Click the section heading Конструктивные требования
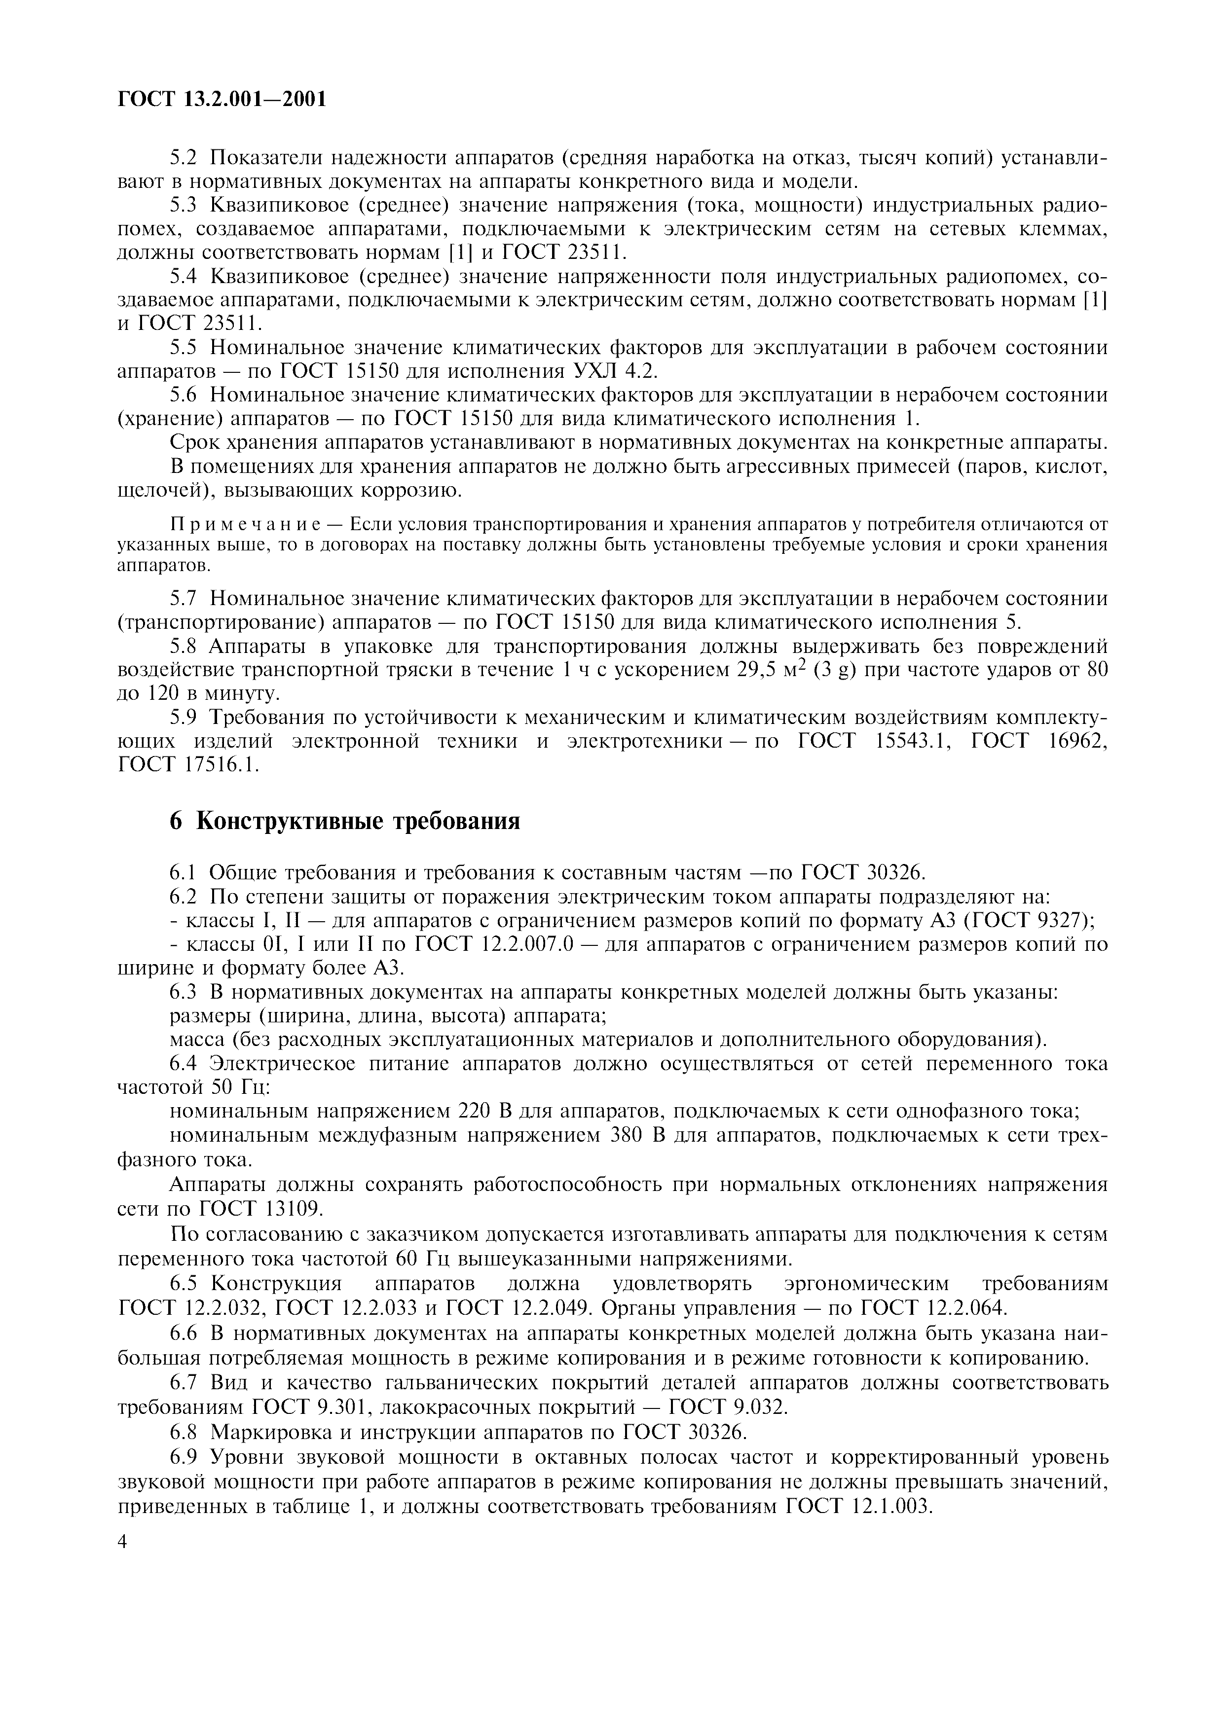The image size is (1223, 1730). pyautogui.click(x=358, y=821)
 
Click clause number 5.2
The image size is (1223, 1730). pyautogui.click(x=183, y=158)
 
